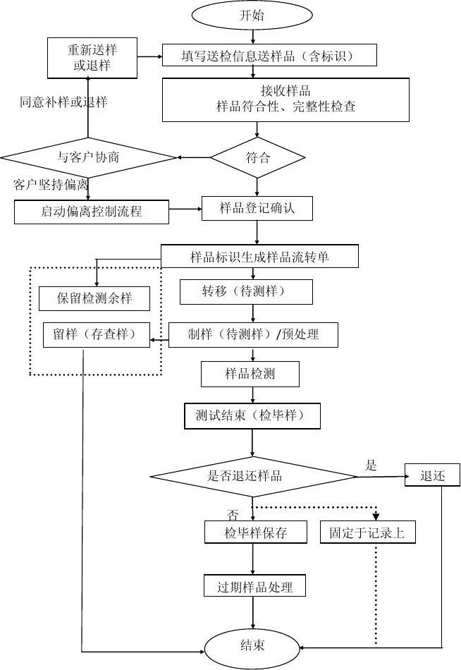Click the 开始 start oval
point(252,16)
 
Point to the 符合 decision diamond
point(257,157)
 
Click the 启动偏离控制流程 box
point(92,211)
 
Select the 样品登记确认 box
point(257,208)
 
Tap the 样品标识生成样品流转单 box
point(259,257)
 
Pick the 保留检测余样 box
point(94,298)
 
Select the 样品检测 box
point(250,374)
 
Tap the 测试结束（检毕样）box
point(252,416)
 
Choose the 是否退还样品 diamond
point(254,476)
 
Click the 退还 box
point(432,475)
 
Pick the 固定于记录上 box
point(367,532)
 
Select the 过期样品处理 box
point(255,585)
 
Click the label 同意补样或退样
point(63,102)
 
